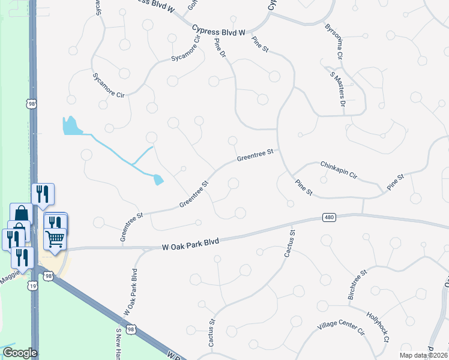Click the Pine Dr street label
220,48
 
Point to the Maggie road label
13,274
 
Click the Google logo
19,353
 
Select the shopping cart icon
55,239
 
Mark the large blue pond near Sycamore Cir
71,126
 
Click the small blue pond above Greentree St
158,179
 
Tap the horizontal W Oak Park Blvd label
190,243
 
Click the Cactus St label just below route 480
289,243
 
